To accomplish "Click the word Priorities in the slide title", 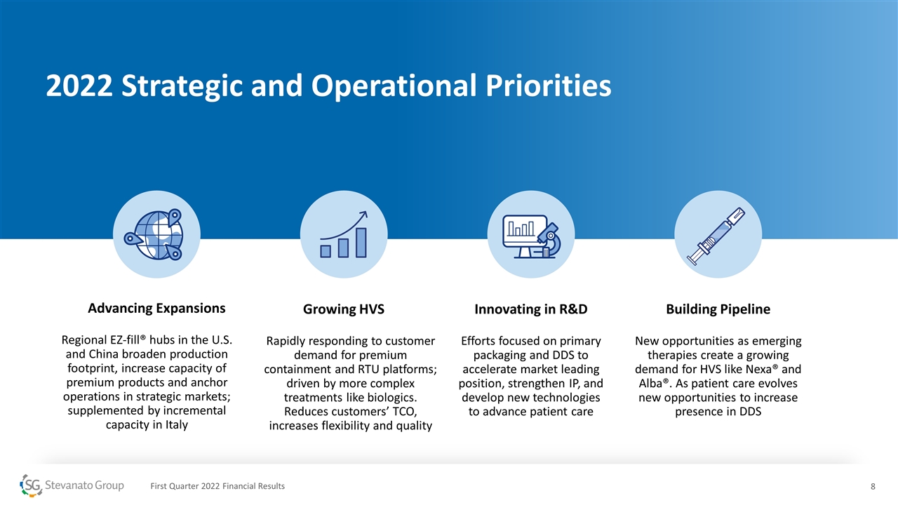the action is point(549,86).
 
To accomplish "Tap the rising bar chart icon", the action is point(344,234).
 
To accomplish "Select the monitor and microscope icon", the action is point(532,236).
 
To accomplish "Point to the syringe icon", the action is point(716,236).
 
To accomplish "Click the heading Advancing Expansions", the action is point(156,308).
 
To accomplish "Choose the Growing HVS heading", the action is point(344,309).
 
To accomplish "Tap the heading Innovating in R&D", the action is point(531,309).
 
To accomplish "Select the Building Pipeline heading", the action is point(718,309).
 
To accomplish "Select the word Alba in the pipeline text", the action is point(650,383).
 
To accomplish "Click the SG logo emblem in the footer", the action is point(31,485).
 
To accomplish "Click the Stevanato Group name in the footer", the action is point(84,485).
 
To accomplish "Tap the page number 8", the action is point(873,487).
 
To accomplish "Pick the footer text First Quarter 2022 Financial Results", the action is point(217,486).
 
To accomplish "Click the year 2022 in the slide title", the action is point(79,86).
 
